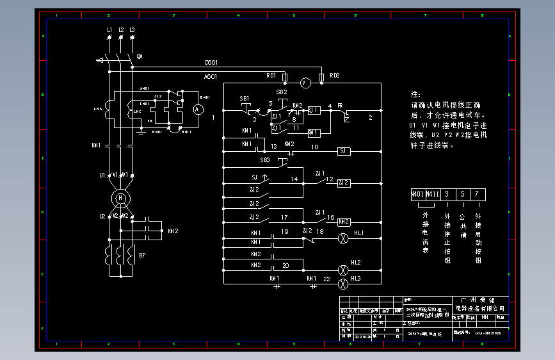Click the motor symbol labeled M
pos(120,198)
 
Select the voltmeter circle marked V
pos(305,83)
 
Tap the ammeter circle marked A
pos(198,110)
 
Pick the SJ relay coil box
pos(344,151)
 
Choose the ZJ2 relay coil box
pos(344,183)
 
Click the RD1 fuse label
pos(271,76)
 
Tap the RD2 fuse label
pos(334,76)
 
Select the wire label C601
pos(211,63)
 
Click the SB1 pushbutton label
pos(245,98)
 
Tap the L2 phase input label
pos(121,30)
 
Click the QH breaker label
pos(140,56)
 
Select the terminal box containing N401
pos(417,193)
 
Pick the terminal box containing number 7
pos(477,193)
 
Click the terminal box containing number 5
pos(462,193)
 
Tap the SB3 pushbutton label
pos(265,159)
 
